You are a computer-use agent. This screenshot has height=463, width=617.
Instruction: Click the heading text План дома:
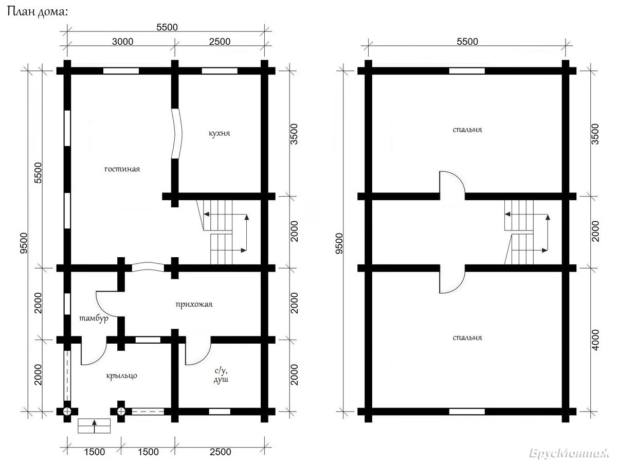click(37, 12)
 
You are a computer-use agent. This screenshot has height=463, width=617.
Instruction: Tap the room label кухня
click(219, 133)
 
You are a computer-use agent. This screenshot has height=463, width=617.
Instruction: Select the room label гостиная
click(122, 169)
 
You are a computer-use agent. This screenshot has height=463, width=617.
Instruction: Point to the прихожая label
click(194, 305)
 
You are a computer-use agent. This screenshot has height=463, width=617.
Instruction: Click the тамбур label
click(94, 318)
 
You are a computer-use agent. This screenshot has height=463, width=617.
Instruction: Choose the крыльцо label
click(122, 376)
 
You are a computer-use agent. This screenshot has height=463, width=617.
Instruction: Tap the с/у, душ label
click(221, 375)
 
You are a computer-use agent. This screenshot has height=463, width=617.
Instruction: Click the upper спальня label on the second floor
click(467, 130)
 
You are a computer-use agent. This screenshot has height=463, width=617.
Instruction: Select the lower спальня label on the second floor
click(467, 337)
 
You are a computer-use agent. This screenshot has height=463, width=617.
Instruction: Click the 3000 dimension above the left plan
click(122, 42)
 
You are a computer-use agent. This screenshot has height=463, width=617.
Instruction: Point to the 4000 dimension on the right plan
click(595, 340)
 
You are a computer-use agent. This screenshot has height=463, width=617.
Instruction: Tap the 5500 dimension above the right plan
click(467, 42)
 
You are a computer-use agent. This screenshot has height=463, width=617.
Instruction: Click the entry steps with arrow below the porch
click(94, 426)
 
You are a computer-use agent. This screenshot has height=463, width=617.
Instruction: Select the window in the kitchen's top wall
click(220, 71)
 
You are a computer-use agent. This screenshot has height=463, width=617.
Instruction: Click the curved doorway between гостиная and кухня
click(177, 134)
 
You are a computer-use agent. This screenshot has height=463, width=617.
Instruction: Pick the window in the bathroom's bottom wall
click(220, 412)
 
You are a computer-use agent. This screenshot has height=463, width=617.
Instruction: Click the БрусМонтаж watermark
click(569, 453)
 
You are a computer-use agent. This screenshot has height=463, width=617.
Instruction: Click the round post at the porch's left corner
click(67, 412)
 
